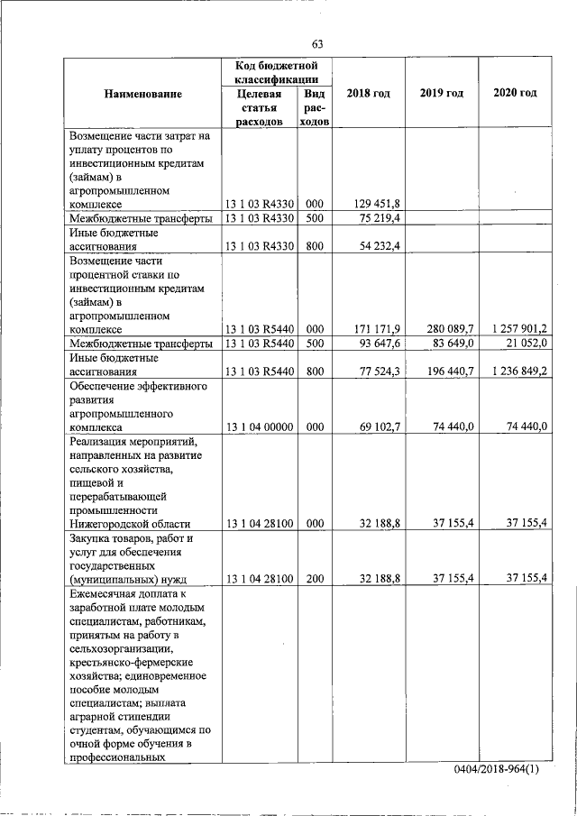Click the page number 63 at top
click(x=317, y=44)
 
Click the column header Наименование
click(x=142, y=94)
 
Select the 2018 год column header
click(x=368, y=94)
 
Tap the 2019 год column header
click(x=442, y=94)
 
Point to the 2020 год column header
click(x=516, y=94)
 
